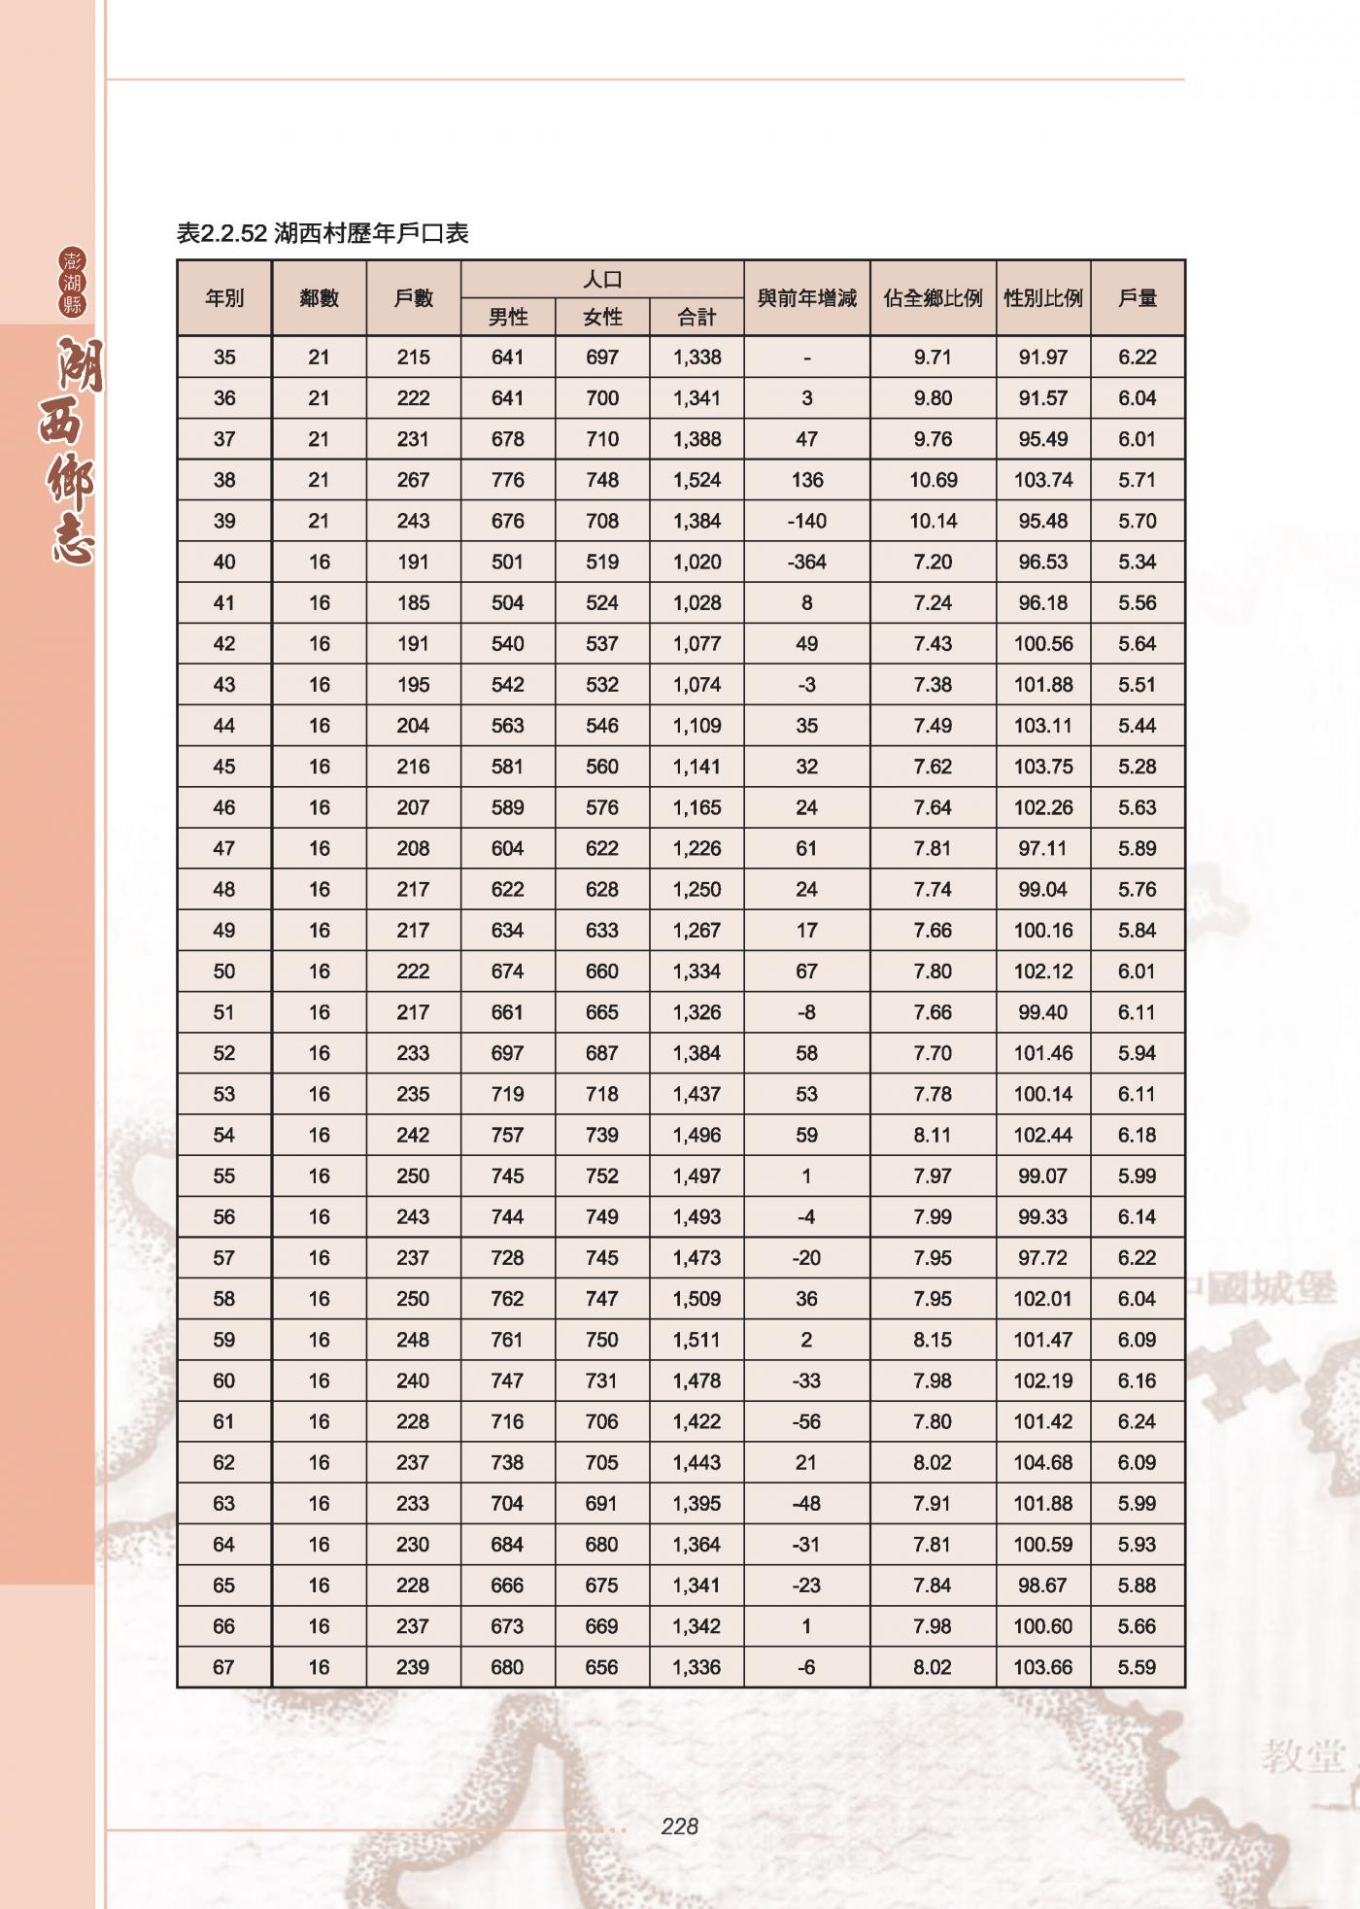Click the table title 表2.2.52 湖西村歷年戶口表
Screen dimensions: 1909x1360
click(323, 233)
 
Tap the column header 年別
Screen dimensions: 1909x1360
click(224, 298)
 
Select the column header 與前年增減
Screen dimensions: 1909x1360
click(806, 298)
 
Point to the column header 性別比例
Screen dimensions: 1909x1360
click(1042, 298)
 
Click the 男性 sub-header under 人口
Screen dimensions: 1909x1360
click(507, 317)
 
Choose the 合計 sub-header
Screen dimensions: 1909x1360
click(697, 317)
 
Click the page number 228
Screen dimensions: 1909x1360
click(679, 1826)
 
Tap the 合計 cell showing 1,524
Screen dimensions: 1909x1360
click(697, 480)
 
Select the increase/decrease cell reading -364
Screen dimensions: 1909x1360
click(806, 562)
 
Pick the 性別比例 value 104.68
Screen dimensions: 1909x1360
click(1042, 1462)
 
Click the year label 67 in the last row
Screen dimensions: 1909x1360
click(224, 1667)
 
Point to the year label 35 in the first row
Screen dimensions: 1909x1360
click(224, 358)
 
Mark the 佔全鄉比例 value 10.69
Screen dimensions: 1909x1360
click(933, 480)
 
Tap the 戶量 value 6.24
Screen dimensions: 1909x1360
click(1137, 1421)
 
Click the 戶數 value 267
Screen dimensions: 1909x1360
click(413, 480)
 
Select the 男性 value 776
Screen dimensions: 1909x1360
click(507, 480)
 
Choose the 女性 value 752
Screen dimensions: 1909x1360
click(601, 1176)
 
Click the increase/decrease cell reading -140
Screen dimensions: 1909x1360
click(806, 521)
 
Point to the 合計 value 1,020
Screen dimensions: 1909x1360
click(697, 562)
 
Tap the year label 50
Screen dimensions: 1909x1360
click(224, 972)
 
